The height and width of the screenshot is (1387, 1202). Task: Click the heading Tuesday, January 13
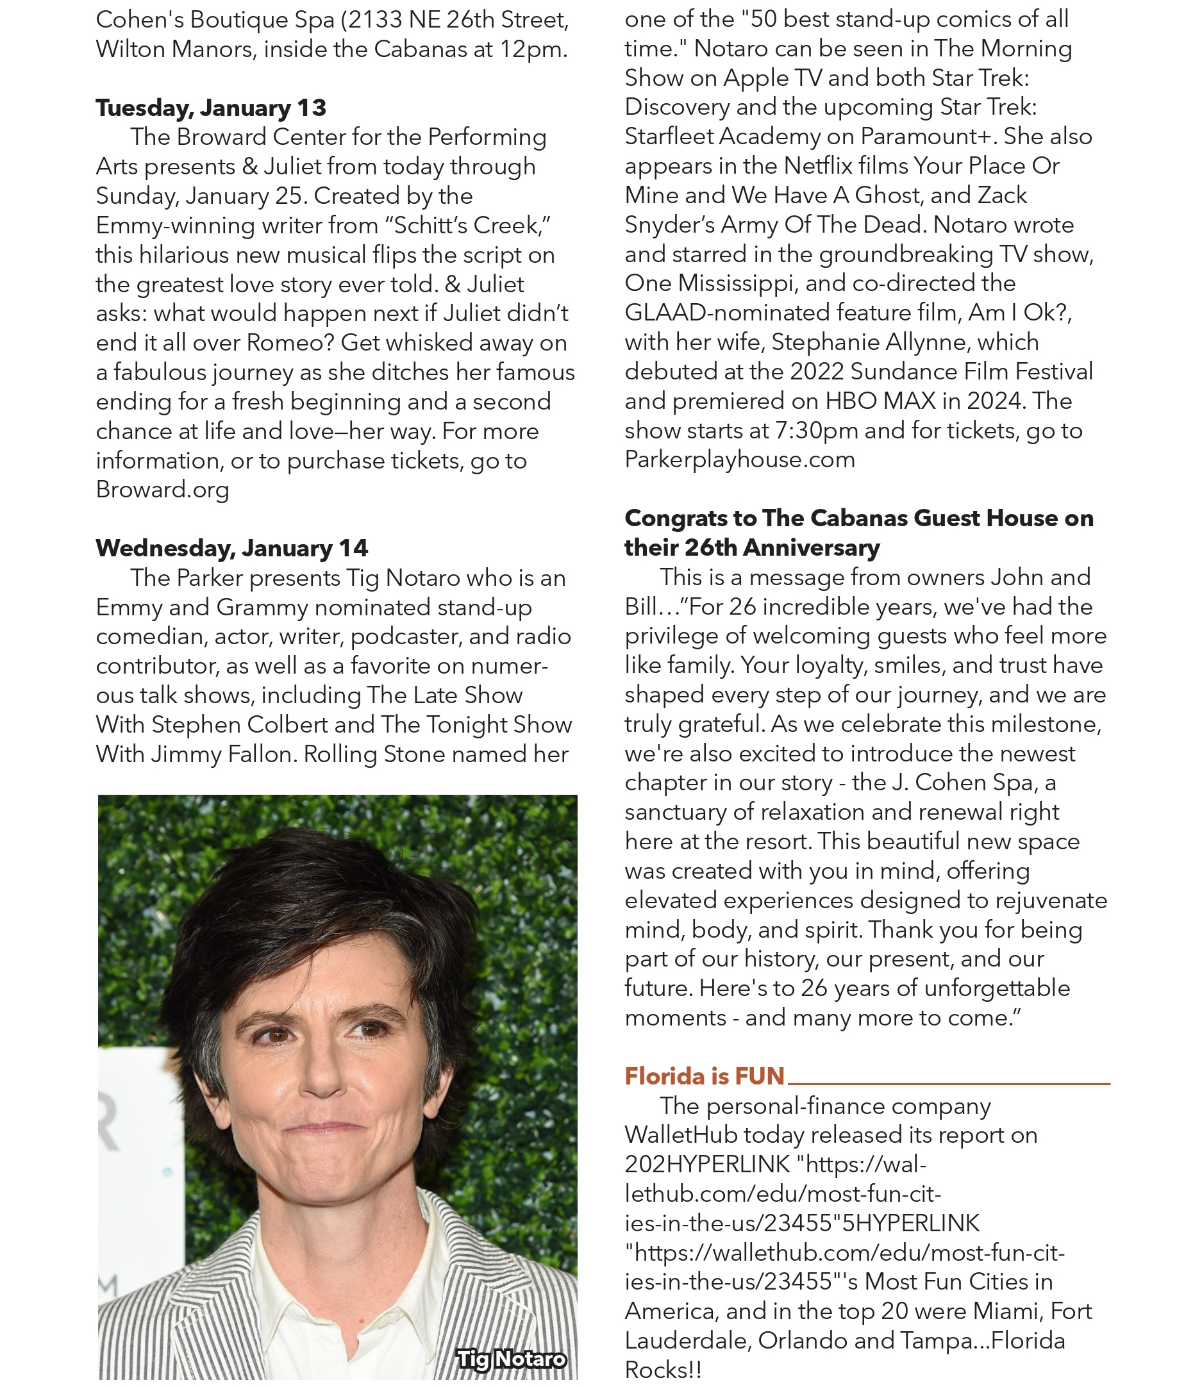[x=211, y=107]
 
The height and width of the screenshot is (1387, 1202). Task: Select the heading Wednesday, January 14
[x=231, y=548]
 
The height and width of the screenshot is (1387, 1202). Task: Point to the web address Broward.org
[x=162, y=490]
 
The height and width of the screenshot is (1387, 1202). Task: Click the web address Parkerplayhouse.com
[x=740, y=460]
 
